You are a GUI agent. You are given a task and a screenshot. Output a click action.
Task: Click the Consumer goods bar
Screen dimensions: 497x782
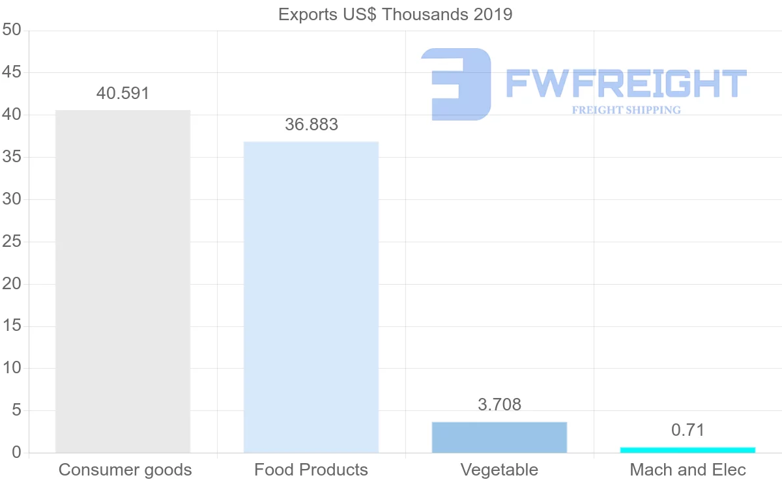pos(123,281)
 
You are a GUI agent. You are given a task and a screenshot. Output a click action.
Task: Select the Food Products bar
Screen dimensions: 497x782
pos(311,297)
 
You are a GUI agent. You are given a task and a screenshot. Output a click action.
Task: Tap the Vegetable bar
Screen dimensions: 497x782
pos(499,437)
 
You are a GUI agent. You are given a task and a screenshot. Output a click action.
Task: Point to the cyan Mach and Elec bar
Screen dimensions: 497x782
pos(688,449)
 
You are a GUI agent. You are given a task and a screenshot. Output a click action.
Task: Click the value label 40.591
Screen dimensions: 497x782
pos(123,93)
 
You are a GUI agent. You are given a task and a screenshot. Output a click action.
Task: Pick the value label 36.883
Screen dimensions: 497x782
pos(311,125)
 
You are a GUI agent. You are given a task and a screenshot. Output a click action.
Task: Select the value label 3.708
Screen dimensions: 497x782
pos(499,405)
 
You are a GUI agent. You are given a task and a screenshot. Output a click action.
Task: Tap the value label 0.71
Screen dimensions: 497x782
pos(688,430)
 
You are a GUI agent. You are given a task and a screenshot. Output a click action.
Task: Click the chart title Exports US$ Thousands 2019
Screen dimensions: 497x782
pos(395,14)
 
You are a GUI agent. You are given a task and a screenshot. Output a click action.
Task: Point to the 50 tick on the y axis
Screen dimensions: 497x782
pos(12,30)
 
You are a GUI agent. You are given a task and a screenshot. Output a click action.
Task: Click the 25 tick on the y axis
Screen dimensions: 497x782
pos(12,242)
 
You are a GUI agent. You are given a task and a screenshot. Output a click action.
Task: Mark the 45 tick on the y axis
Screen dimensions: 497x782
pos(12,72)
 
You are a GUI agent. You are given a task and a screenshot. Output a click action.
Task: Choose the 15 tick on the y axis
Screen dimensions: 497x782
pos(12,326)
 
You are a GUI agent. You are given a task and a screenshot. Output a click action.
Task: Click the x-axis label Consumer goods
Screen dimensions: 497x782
pos(125,470)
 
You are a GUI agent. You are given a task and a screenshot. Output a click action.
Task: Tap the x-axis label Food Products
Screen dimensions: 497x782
pos(311,470)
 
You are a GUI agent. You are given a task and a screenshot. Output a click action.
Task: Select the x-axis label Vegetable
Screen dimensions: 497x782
pos(499,470)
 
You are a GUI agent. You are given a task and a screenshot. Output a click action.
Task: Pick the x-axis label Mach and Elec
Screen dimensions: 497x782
pos(688,470)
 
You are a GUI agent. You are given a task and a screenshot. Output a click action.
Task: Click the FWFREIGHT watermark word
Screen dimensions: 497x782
pos(626,83)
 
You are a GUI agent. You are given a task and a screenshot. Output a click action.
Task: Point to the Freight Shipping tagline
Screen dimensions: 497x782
pos(626,110)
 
